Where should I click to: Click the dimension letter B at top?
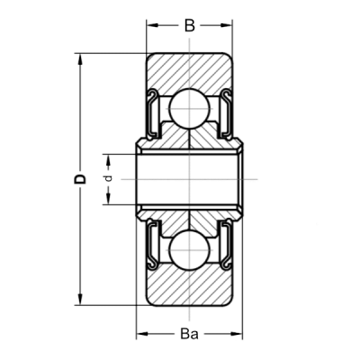pyautogui.click(x=190, y=26)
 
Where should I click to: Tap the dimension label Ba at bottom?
pyautogui.click(x=190, y=334)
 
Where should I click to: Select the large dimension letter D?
pyautogui.click(x=80, y=179)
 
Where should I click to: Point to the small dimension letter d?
pyautogui.click(x=109, y=179)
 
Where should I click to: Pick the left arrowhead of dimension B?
pyautogui.click(x=151, y=26)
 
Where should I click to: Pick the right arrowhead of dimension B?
pyautogui.click(x=228, y=26)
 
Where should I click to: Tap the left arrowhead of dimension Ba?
pyautogui.click(x=142, y=334)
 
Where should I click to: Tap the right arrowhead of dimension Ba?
pyautogui.click(x=238, y=334)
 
